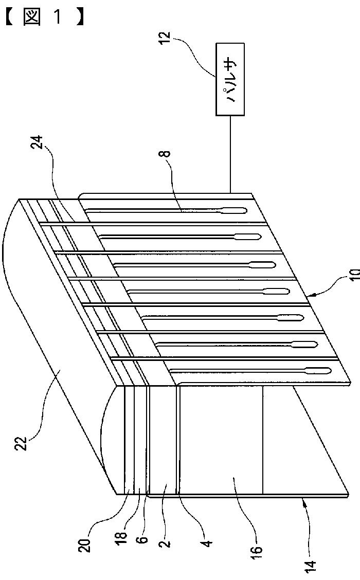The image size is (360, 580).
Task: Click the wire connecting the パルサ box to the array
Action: click(230, 154)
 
